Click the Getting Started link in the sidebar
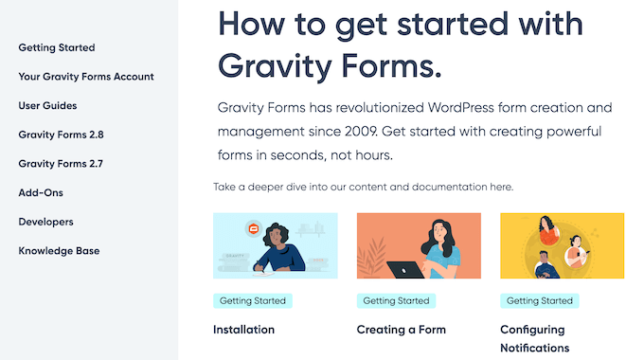coord(57,47)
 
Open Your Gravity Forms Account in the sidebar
coord(86,77)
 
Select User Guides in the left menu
coord(47,106)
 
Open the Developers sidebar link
coord(45,222)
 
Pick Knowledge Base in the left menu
coord(59,251)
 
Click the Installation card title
coord(243,330)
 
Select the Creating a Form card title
coord(401,330)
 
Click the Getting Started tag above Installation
coord(252,300)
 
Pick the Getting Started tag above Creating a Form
coord(395,300)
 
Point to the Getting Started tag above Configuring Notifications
coord(539,300)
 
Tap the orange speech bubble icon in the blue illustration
coord(252,228)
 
